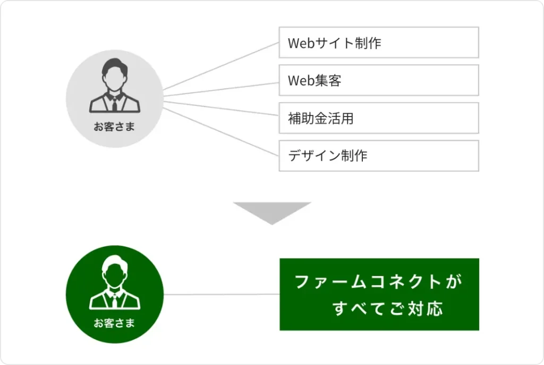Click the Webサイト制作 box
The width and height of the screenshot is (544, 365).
tap(379, 43)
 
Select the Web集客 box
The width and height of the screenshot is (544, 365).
tap(379, 80)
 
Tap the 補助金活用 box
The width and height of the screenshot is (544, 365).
tap(379, 118)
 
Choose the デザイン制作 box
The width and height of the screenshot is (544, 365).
tap(379, 156)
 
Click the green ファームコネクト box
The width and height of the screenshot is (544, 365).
tap(379, 294)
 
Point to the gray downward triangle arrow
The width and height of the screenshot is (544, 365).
tap(272, 212)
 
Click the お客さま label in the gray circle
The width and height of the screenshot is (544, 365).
tap(114, 127)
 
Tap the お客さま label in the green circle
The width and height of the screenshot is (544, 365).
tap(114, 322)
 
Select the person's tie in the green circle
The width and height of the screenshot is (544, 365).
tap(114, 301)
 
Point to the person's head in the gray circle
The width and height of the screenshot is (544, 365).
tap(114, 74)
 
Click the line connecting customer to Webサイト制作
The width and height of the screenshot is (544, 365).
tap(221, 66)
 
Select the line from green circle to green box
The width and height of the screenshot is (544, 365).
tap(221, 294)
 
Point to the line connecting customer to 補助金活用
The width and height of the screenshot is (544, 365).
tap(221, 107)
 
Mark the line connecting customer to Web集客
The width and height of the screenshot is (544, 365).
tap(221, 89)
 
